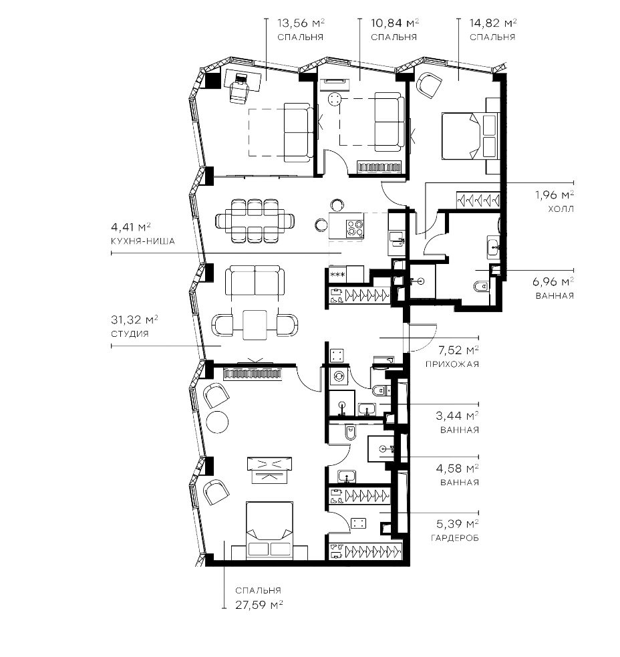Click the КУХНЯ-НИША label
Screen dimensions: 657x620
(x=143, y=242)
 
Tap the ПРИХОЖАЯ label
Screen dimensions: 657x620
(x=452, y=364)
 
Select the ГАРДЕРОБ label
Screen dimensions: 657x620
(x=454, y=537)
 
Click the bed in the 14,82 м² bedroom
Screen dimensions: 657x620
(x=470, y=136)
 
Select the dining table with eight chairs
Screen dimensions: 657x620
(x=253, y=220)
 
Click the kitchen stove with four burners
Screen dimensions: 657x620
(x=354, y=228)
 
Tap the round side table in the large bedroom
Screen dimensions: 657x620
(x=218, y=422)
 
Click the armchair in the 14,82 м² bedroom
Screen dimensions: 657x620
(x=429, y=84)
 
